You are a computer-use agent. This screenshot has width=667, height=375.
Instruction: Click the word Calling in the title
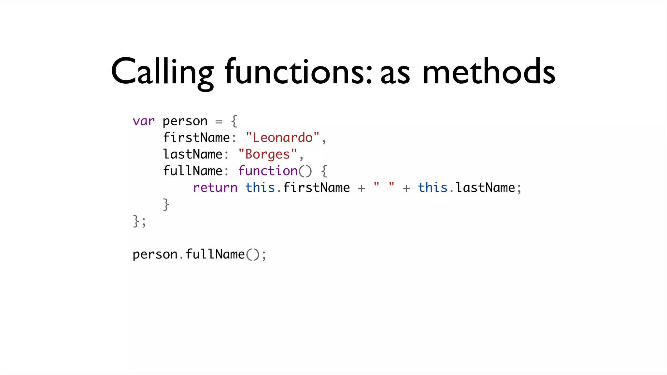(x=162, y=72)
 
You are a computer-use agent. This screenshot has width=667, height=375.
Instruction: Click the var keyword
(x=144, y=121)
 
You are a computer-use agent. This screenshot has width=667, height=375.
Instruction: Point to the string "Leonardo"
(x=282, y=138)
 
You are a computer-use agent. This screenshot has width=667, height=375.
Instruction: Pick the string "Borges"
(x=267, y=154)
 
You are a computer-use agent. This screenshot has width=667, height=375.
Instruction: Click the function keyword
(x=268, y=171)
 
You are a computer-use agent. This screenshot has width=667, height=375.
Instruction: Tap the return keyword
(x=215, y=188)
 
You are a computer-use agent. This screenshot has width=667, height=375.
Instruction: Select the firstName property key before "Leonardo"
(x=196, y=138)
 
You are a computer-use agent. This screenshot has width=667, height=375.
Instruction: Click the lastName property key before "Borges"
(x=192, y=154)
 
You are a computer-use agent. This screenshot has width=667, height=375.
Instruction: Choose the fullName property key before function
(x=192, y=171)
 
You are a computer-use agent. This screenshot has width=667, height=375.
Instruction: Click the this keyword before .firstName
(x=260, y=188)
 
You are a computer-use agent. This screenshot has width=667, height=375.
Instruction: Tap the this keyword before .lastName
(x=433, y=188)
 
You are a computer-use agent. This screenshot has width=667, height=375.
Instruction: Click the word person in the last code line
(x=155, y=255)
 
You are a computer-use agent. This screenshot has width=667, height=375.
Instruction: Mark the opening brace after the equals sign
(x=234, y=121)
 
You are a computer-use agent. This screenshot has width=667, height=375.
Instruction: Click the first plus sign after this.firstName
(x=361, y=188)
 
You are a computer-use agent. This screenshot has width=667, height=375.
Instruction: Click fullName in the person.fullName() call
(x=215, y=255)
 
